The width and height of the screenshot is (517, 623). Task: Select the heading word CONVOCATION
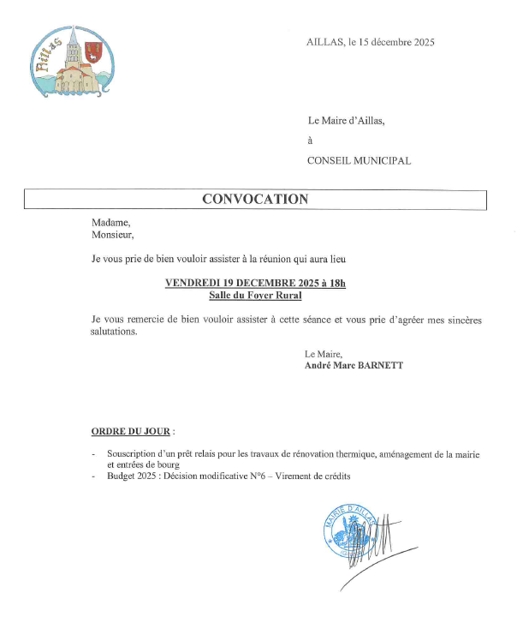pos(255,200)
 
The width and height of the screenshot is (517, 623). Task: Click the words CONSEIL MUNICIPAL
pos(359,160)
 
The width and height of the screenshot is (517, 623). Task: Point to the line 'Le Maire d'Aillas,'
pos(346,121)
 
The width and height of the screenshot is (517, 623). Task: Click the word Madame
pos(110,221)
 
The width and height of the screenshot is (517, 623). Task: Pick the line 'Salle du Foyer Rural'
pos(255,295)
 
